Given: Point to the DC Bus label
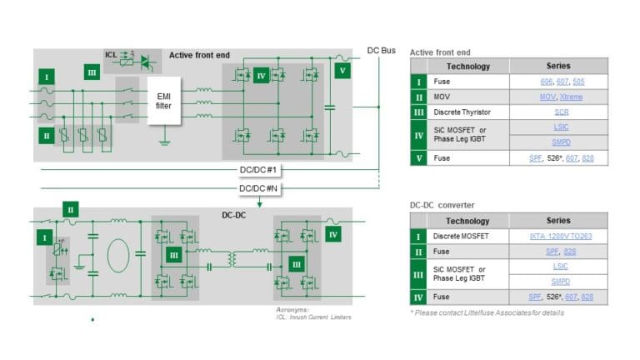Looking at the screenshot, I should tap(382, 50).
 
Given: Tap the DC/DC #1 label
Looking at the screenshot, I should tap(257, 170).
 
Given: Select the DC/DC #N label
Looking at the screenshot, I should tap(257, 188).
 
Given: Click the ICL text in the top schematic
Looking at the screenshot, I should tap(111, 54).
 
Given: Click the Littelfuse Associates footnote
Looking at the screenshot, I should tap(487, 312).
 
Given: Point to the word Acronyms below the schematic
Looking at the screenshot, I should tap(292, 310).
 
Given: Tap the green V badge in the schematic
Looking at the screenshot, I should tap(342, 71).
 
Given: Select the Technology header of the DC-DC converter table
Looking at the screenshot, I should tap(467, 221).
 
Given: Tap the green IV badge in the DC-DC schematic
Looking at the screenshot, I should tap(333, 235).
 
